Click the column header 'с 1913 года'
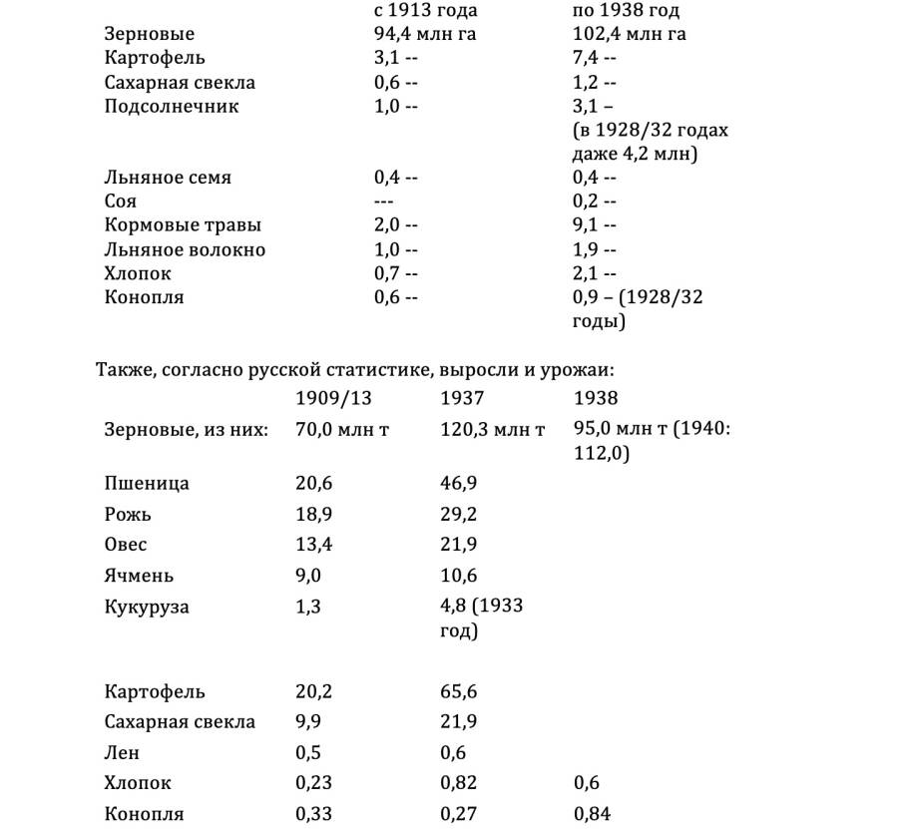[419, 11]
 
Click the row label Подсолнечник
[172, 107]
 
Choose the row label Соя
[121, 203]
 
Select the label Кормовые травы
[176, 226]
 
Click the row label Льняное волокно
[185, 250]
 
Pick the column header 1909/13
[333, 399]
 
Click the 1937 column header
[462, 399]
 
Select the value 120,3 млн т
[493, 431]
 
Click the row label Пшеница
[147, 485]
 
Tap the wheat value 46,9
[459, 485]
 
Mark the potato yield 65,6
[459, 692]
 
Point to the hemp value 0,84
[593, 814]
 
